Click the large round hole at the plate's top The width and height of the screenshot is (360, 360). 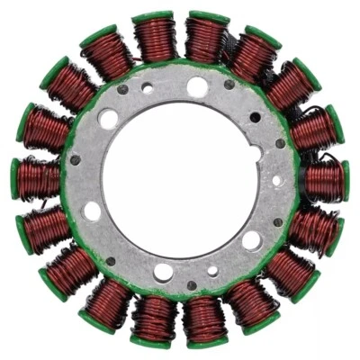197,87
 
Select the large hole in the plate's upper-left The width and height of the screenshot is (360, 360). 109,119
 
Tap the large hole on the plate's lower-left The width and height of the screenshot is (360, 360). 93,212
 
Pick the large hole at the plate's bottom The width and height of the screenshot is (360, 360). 164,272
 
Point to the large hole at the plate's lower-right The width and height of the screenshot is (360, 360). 252,240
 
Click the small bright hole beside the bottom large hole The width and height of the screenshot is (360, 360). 212,270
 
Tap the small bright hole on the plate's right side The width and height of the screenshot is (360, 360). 276,180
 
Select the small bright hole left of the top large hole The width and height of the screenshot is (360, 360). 147,88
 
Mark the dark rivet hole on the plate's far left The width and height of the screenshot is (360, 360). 76,160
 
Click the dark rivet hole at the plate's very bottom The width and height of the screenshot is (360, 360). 192,286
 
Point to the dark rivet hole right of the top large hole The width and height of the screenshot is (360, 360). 229,85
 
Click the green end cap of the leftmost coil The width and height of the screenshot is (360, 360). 15,179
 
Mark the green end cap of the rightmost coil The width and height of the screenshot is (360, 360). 345,180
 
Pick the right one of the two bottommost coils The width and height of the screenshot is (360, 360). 206,319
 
